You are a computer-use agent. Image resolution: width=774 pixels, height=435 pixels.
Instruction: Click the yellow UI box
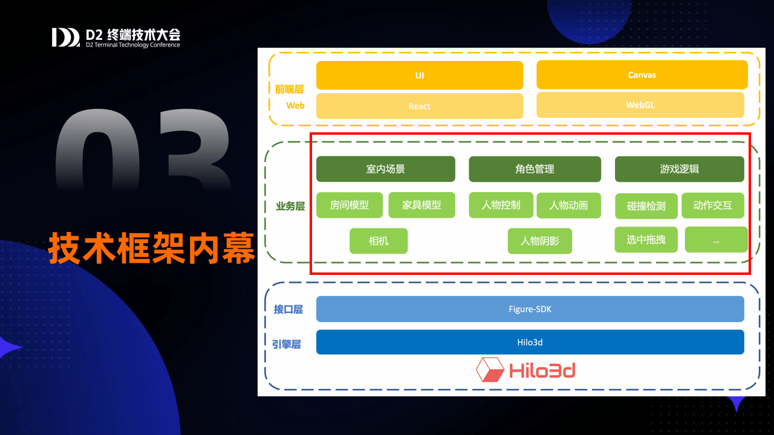pyautogui.click(x=420, y=76)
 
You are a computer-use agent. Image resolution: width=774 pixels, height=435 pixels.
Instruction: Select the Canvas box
pyautogui.click(x=642, y=74)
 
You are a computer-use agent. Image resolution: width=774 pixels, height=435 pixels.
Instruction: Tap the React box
pyautogui.click(x=420, y=106)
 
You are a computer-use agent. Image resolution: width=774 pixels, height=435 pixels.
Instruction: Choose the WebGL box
pyautogui.click(x=640, y=105)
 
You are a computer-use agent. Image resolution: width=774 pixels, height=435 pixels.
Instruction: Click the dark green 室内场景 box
pyautogui.click(x=386, y=169)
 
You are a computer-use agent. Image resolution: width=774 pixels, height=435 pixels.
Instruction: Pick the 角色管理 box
pyautogui.click(x=535, y=169)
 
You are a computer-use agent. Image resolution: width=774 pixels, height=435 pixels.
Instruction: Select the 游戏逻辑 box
pyautogui.click(x=679, y=169)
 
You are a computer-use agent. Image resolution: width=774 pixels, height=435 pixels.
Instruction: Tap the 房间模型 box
pyautogui.click(x=350, y=205)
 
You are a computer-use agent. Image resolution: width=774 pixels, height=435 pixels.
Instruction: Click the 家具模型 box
pyautogui.click(x=421, y=205)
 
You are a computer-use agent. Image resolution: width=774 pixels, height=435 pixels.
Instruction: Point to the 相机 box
pyautogui.click(x=379, y=240)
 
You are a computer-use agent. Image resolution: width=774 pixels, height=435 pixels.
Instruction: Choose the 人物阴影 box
pyautogui.click(x=540, y=240)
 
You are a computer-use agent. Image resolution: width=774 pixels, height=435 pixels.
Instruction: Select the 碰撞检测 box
pyautogui.click(x=646, y=206)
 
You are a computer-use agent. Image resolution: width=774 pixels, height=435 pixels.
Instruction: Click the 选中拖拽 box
pyautogui.click(x=646, y=240)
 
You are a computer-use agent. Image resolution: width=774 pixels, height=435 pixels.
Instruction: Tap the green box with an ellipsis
pyautogui.click(x=717, y=240)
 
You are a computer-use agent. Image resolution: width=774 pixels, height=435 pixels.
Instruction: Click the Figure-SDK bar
pyautogui.click(x=530, y=309)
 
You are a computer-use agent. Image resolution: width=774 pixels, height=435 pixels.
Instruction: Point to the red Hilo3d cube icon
pyautogui.click(x=490, y=370)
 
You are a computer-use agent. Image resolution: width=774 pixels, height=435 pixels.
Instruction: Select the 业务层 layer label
pyautogui.click(x=290, y=206)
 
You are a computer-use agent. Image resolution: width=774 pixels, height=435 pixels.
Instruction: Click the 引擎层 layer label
pyautogui.click(x=287, y=344)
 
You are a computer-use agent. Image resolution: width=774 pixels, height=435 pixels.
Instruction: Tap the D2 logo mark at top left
pyautogui.click(x=66, y=37)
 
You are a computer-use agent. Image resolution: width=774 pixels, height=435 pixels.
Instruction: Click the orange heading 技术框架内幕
pyautogui.click(x=151, y=248)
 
